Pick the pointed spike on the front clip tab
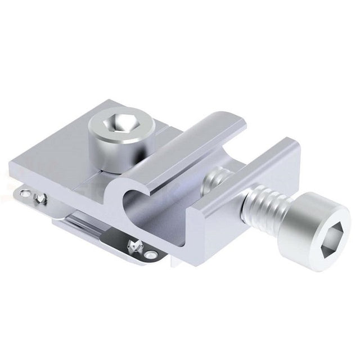point(135,245)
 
